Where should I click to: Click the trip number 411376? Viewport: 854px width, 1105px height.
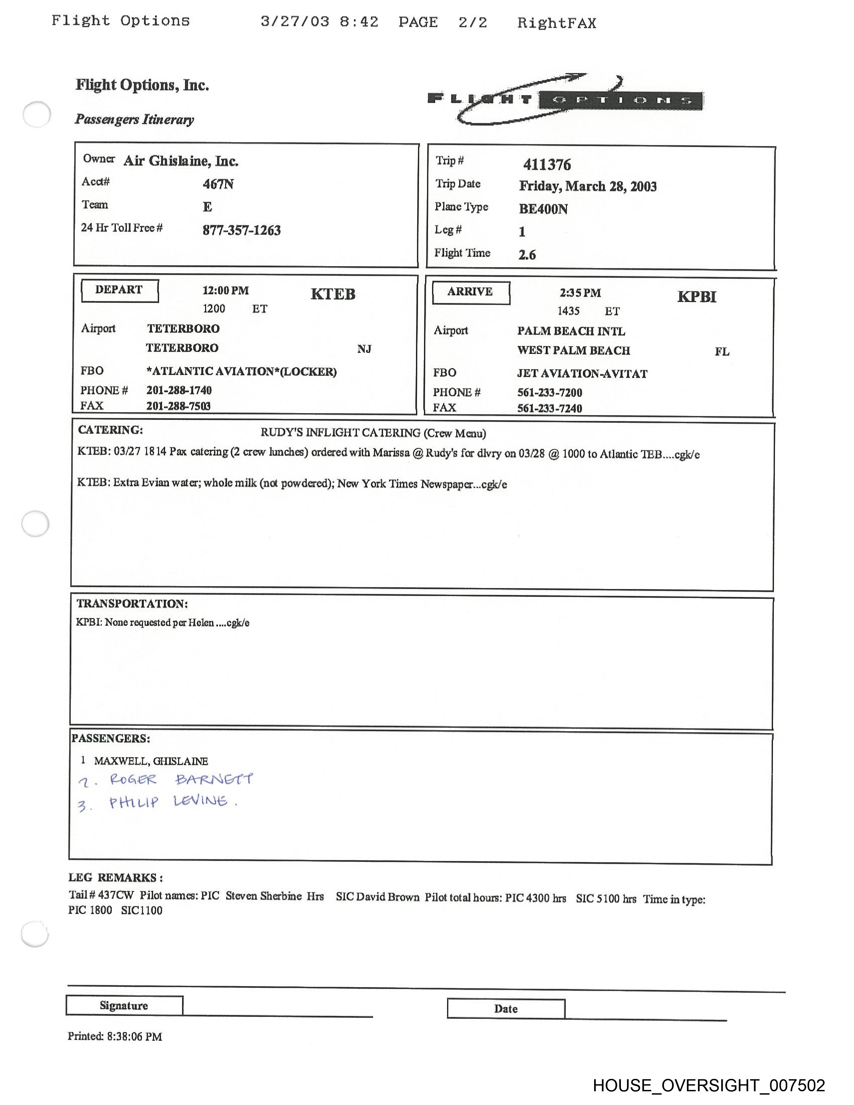[x=547, y=164]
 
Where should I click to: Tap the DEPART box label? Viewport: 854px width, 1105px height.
[x=120, y=290]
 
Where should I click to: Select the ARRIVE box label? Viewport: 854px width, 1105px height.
[x=470, y=292]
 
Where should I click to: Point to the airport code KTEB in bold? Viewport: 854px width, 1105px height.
[x=333, y=294]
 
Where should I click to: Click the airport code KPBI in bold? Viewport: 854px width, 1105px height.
[x=697, y=296]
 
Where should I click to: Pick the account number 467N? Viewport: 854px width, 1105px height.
[x=218, y=183]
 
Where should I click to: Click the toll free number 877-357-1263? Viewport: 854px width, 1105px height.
[x=241, y=230]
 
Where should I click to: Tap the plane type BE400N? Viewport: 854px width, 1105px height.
[x=543, y=209]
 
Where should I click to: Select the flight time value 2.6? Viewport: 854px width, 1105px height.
[x=527, y=254]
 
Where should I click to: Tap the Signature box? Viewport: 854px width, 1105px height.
[x=124, y=1005]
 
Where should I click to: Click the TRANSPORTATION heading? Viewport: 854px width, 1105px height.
[x=132, y=603]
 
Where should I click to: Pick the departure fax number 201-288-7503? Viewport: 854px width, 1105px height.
[x=178, y=406]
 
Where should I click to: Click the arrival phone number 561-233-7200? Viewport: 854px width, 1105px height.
[x=550, y=392]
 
